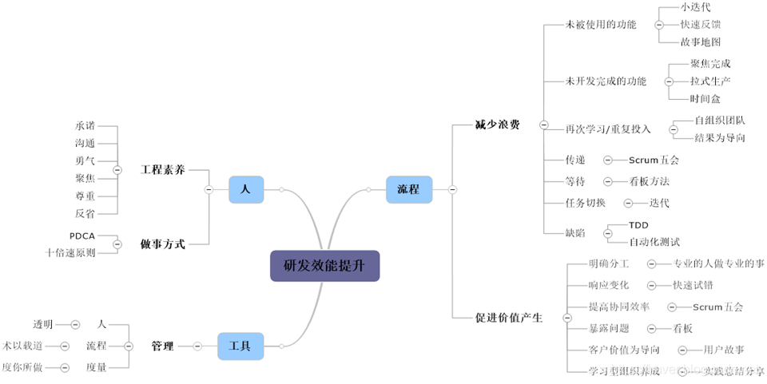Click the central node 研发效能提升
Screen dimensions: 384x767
tap(324, 265)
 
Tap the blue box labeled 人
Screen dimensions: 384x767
tap(245, 189)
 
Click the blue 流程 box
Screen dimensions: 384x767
tap(408, 189)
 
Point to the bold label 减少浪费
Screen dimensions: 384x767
tap(497, 125)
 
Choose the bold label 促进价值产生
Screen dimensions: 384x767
tap(508, 317)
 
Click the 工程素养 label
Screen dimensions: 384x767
tap(163, 169)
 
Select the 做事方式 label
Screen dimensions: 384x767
tap(163, 243)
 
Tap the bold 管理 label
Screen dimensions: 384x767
tap(162, 346)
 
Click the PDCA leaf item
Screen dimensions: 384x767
tap(83, 236)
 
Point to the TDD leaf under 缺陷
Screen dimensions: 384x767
tap(638, 225)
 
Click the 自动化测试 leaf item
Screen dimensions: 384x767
tap(654, 241)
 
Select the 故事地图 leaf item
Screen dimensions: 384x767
tap(701, 42)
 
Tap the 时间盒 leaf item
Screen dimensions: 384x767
tap(705, 98)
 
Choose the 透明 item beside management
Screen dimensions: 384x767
tap(43, 324)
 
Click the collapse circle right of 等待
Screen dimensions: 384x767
tap(608, 181)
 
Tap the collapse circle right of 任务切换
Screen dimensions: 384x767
tap(628, 203)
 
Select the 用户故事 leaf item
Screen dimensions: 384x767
tap(724, 350)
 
